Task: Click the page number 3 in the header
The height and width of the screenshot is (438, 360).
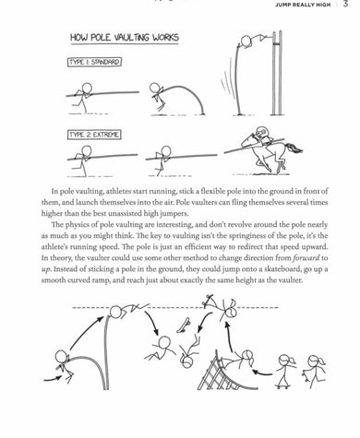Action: click(x=343, y=6)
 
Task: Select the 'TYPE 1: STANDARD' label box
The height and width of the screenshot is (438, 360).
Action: click(x=95, y=62)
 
